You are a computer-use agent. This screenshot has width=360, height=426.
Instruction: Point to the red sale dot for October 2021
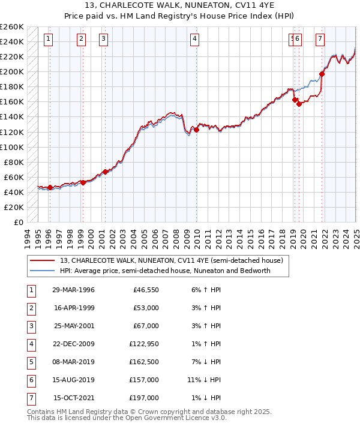pos(322,74)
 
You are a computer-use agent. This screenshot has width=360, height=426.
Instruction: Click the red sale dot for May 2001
pos(105,172)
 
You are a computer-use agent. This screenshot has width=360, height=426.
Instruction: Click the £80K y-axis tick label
pos(14,162)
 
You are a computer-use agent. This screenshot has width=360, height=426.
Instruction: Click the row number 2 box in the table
pos(31,308)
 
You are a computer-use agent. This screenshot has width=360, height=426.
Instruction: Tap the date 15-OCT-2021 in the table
pos(74,398)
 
